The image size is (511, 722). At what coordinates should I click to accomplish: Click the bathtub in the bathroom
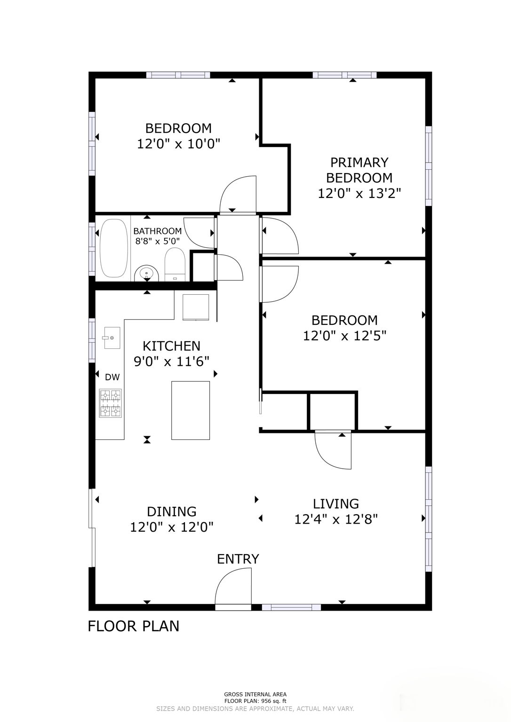(x=113, y=248)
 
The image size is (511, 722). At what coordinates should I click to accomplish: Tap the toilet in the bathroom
(x=175, y=265)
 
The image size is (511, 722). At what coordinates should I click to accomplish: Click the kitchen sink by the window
(x=112, y=338)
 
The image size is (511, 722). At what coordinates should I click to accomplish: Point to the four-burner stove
(x=110, y=403)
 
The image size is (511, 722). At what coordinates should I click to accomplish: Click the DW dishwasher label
(x=112, y=377)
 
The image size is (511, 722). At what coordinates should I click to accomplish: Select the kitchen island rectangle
(x=191, y=410)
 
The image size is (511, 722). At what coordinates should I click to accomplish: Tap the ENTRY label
(x=238, y=559)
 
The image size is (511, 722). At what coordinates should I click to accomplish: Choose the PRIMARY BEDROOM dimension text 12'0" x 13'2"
(x=359, y=193)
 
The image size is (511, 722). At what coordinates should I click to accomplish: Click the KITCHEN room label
(x=171, y=346)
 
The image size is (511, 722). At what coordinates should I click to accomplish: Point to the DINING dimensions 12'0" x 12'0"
(x=172, y=527)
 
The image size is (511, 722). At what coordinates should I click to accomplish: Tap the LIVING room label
(x=336, y=504)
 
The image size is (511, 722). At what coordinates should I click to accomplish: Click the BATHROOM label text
(x=157, y=231)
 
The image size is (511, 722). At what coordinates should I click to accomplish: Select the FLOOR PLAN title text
(x=134, y=626)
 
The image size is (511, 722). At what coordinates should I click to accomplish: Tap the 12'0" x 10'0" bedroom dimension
(x=178, y=144)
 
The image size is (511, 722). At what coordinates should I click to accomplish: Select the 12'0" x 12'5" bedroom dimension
(x=344, y=336)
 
